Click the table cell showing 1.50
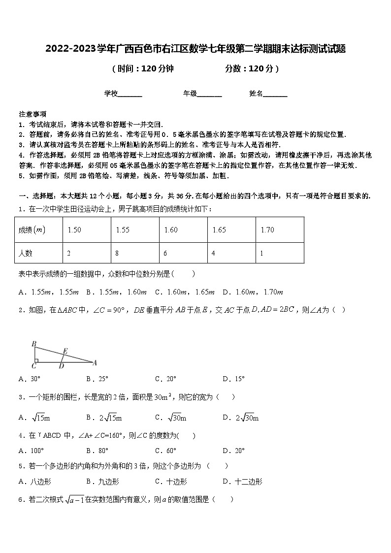(x=74, y=230)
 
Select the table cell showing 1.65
(x=219, y=230)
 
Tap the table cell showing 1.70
(x=267, y=230)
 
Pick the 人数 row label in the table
(x=26, y=254)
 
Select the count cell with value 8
(x=117, y=254)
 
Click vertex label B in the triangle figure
(x=33, y=343)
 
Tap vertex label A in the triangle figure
(x=95, y=363)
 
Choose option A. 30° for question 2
(x=29, y=379)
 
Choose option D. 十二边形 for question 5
(x=242, y=482)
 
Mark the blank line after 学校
(x=130, y=94)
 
